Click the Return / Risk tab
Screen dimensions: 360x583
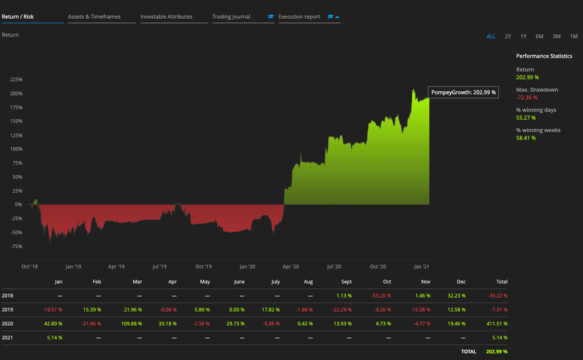click(x=18, y=17)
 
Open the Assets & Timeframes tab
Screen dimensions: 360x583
click(x=94, y=17)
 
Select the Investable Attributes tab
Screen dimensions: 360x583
click(x=166, y=17)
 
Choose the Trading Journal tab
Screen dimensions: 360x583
click(x=231, y=17)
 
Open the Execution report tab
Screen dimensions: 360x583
click(x=299, y=17)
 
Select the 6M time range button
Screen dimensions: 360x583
click(x=539, y=36)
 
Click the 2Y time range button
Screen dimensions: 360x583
click(x=508, y=36)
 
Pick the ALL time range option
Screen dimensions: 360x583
click(x=491, y=36)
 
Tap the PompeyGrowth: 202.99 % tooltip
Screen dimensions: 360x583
click(x=463, y=92)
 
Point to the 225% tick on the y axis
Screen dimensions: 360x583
click(x=16, y=79)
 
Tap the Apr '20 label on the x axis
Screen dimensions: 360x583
click(x=291, y=266)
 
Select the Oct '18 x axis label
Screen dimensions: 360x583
click(x=30, y=266)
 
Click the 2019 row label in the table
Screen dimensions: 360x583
click(x=7, y=310)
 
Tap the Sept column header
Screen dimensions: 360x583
click(x=347, y=281)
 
